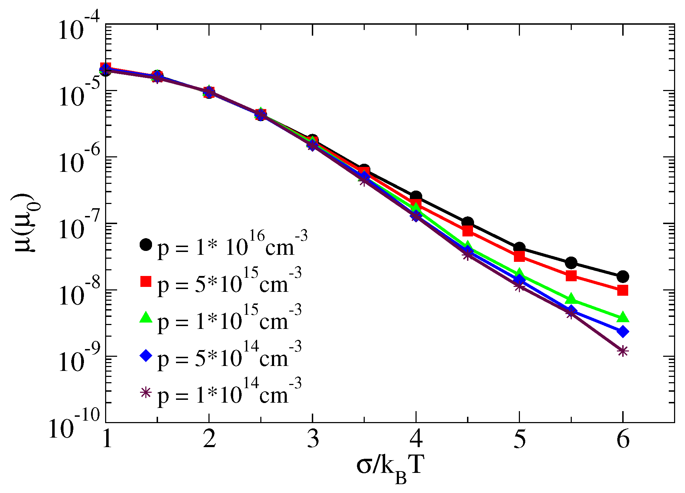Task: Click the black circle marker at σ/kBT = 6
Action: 623,277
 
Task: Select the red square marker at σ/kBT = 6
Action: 623,290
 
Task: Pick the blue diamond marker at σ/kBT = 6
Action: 623,331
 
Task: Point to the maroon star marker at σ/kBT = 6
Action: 623,351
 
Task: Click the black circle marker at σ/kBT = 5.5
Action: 571,263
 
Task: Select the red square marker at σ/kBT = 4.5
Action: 468,231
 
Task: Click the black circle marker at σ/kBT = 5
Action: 519,248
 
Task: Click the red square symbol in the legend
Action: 146,281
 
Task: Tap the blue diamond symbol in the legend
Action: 146,355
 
